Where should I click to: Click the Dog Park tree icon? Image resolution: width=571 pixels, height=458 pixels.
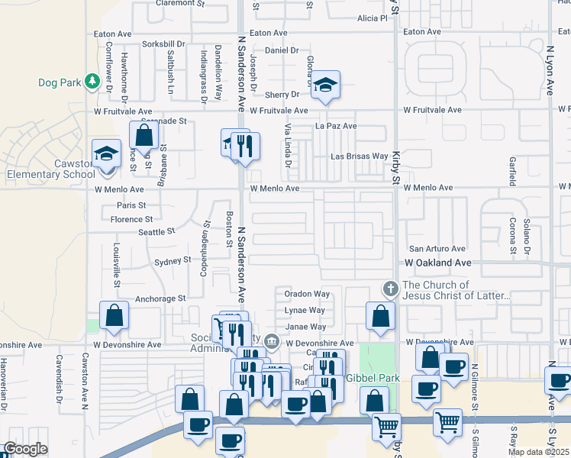pyautogui.click(x=92, y=81)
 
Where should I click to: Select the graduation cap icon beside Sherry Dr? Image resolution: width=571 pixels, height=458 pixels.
pyautogui.click(x=325, y=86)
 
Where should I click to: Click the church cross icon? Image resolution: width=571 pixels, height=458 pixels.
pyautogui.click(x=390, y=289)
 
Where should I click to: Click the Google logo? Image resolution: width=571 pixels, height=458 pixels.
pyautogui.click(x=25, y=449)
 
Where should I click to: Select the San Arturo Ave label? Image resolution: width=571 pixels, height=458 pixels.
pyautogui.click(x=437, y=249)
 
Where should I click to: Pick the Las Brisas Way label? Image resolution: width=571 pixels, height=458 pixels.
pyautogui.click(x=359, y=156)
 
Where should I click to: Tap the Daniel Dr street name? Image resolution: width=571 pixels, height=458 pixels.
pyautogui.click(x=282, y=50)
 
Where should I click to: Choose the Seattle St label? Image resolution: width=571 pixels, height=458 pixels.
pyautogui.click(x=156, y=231)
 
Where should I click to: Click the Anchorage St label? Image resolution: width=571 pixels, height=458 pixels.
pyautogui.click(x=160, y=298)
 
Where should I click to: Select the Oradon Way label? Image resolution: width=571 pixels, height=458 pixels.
pyautogui.click(x=307, y=294)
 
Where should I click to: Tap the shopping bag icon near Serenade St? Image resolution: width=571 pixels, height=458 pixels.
pyautogui.click(x=144, y=136)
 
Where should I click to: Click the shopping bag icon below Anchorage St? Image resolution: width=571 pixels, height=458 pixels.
pyautogui.click(x=114, y=316)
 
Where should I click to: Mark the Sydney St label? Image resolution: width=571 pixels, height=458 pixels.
pyautogui.click(x=173, y=260)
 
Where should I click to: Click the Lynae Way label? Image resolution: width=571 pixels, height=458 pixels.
pyautogui.click(x=305, y=311)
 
